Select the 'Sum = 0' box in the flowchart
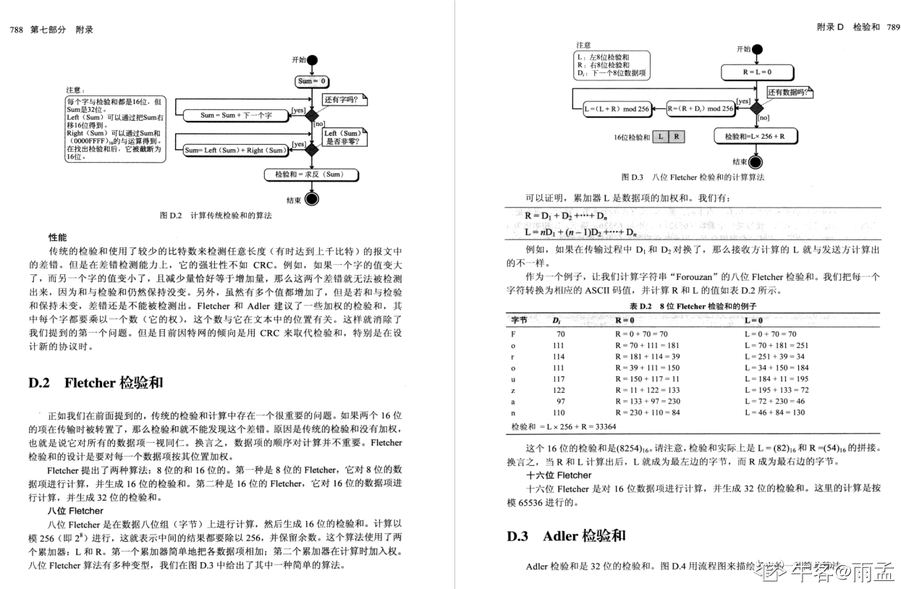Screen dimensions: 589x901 click(313, 82)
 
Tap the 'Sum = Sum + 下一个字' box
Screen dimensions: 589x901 click(236, 115)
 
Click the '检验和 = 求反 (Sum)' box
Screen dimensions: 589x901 click(312, 174)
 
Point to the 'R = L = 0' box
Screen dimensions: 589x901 click(757, 72)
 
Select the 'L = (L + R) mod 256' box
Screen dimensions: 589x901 click(617, 109)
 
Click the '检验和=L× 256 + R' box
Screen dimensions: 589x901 click(757, 136)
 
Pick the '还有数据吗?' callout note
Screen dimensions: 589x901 click(789, 93)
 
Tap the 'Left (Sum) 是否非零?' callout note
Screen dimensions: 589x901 click(343, 137)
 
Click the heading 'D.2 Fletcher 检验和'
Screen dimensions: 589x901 click(96, 383)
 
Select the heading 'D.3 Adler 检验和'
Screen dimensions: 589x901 click(566, 536)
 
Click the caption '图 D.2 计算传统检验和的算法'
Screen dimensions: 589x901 click(216, 215)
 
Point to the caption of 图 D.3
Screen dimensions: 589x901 click(693, 177)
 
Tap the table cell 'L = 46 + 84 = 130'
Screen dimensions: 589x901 click(774, 412)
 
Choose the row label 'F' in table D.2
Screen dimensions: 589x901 click(514, 334)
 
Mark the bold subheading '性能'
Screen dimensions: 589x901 click(58, 237)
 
